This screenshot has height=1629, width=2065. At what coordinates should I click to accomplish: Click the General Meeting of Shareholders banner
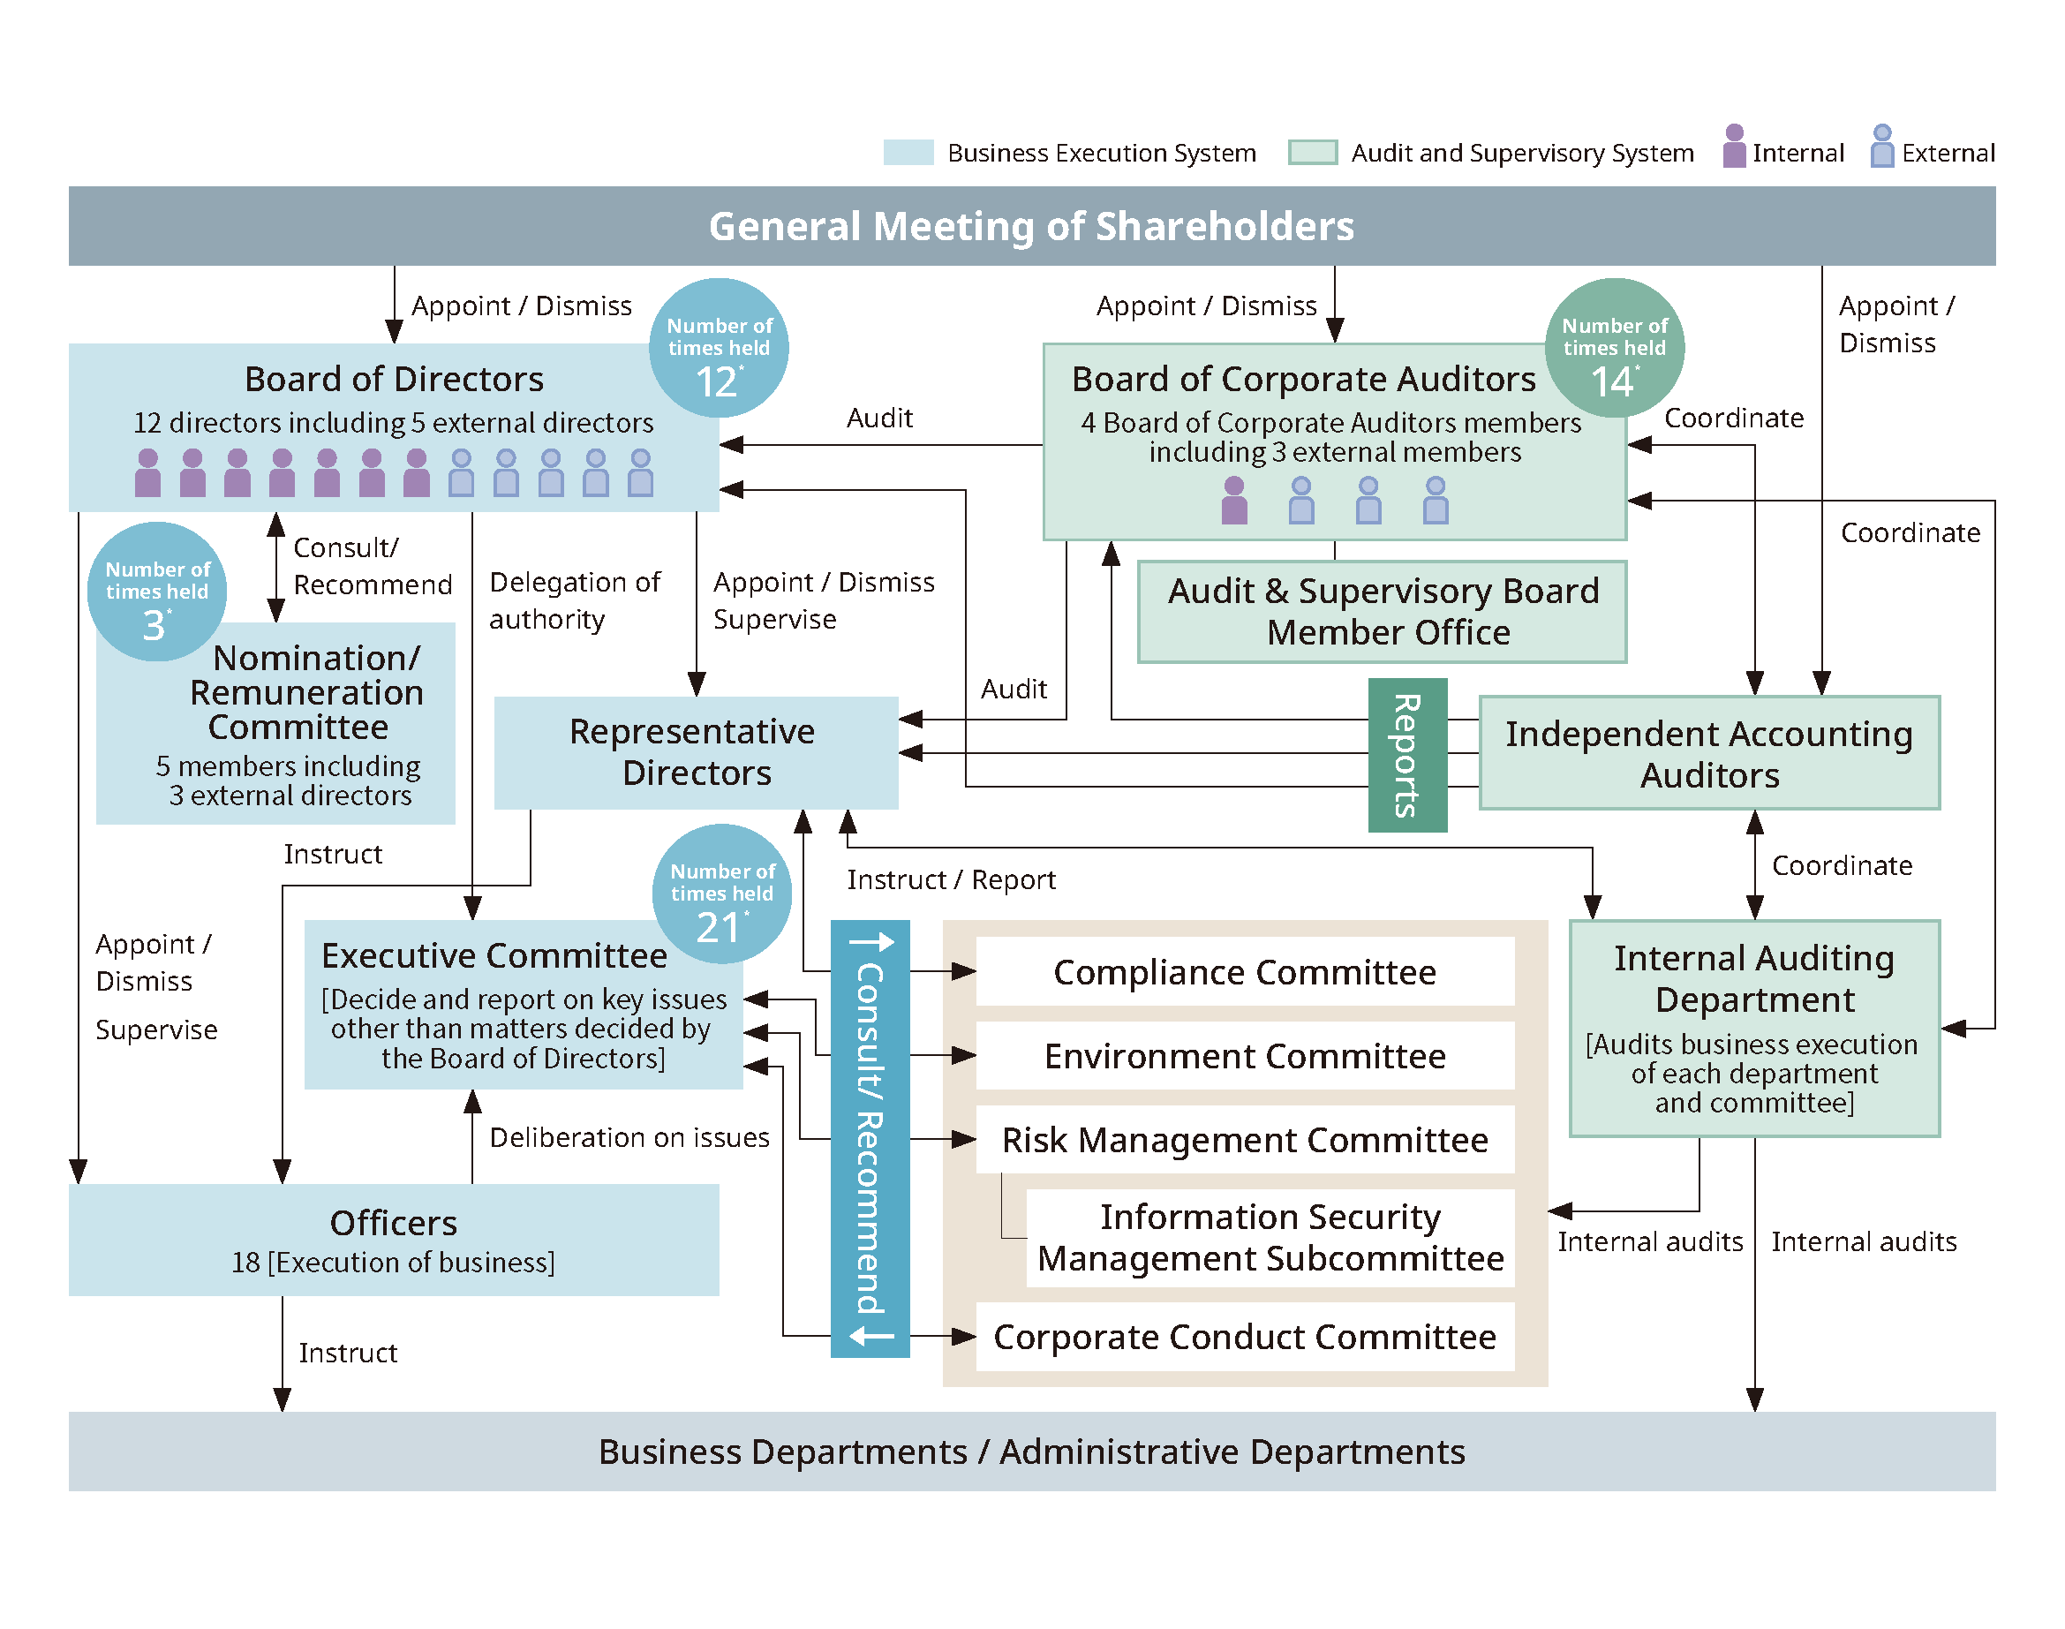click(1032, 226)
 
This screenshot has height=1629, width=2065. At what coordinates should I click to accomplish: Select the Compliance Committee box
click(1245, 971)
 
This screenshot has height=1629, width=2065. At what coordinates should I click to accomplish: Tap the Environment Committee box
click(1245, 1055)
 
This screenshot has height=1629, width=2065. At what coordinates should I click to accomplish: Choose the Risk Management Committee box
click(1245, 1139)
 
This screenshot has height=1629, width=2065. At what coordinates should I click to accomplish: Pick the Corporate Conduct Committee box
click(1245, 1336)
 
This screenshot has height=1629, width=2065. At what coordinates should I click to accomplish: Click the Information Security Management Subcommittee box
click(1270, 1238)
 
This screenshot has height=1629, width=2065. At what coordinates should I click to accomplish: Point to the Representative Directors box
click(697, 752)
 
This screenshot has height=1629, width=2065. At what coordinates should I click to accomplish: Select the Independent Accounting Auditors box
click(1709, 753)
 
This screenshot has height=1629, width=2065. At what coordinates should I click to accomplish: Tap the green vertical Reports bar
click(1408, 756)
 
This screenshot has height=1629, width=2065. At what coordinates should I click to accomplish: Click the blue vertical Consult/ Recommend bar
click(870, 1139)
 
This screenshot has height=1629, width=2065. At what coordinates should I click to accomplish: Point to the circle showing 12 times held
click(720, 348)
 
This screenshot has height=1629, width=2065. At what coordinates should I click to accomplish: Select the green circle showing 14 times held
click(1615, 348)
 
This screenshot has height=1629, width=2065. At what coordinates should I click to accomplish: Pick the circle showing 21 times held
click(722, 894)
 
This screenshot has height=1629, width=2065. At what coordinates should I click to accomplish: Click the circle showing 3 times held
click(157, 592)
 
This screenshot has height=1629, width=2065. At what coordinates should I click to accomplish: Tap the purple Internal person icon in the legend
click(1735, 146)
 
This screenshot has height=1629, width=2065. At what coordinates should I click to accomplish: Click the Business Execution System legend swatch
click(908, 153)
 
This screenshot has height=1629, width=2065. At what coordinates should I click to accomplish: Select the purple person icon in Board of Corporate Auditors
click(1234, 500)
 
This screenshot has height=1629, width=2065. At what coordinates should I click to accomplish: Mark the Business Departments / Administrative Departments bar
click(1032, 1452)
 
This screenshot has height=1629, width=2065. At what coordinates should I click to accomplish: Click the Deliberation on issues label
click(629, 1137)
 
